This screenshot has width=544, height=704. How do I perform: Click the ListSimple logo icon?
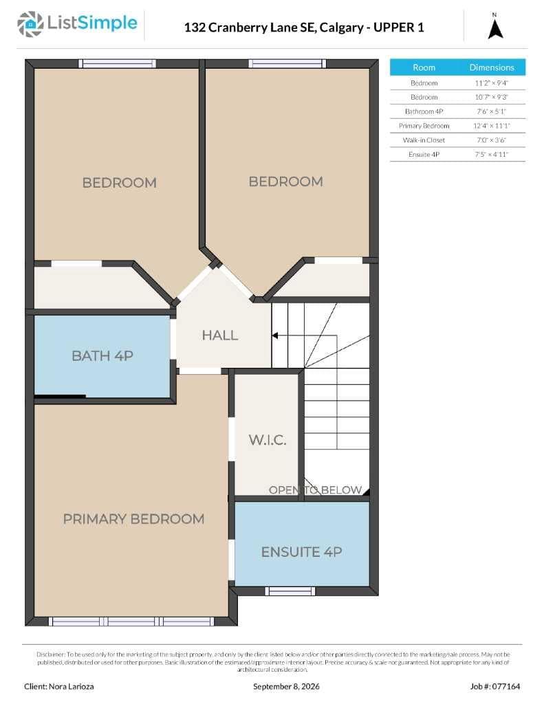[x=30, y=24]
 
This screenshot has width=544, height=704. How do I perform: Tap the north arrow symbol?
[x=495, y=29]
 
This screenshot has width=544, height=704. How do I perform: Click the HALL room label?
[x=219, y=335]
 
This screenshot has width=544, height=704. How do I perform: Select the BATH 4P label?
[x=102, y=356]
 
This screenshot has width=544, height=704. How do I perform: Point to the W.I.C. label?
[x=268, y=440]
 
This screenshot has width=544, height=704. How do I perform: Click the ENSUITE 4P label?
[x=301, y=552]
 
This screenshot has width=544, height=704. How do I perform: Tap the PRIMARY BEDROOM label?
[x=133, y=519]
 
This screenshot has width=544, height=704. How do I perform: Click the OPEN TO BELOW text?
[x=315, y=489]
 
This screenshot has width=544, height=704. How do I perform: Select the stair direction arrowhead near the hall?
[x=274, y=335]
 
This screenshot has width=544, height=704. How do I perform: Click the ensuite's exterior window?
[x=290, y=591]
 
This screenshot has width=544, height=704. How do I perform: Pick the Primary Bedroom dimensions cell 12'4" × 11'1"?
[x=492, y=126]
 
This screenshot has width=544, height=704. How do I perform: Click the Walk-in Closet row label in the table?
[x=424, y=140]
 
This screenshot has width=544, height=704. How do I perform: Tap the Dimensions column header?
[x=492, y=67]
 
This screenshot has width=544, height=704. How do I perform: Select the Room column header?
[x=424, y=67]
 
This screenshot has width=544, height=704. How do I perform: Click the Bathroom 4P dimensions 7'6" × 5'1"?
[x=492, y=111]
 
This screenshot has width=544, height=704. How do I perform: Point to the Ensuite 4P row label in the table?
[x=424, y=155]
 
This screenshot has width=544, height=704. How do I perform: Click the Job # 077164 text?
[x=495, y=687]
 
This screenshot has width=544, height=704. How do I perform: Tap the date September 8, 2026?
[x=286, y=687]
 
